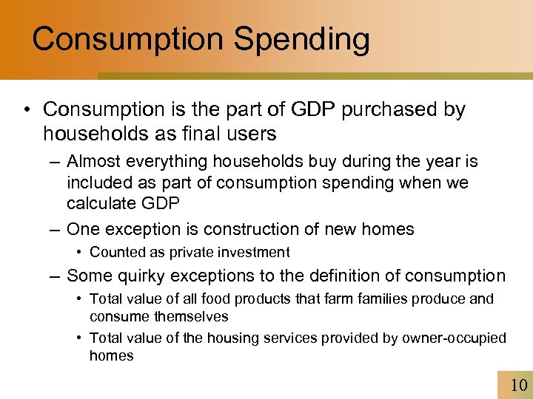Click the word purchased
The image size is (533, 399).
click(398, 110)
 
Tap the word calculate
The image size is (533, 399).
click(102, 203)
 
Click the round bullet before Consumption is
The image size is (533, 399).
click(27, 111)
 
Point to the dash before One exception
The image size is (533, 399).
click(56, 229)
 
